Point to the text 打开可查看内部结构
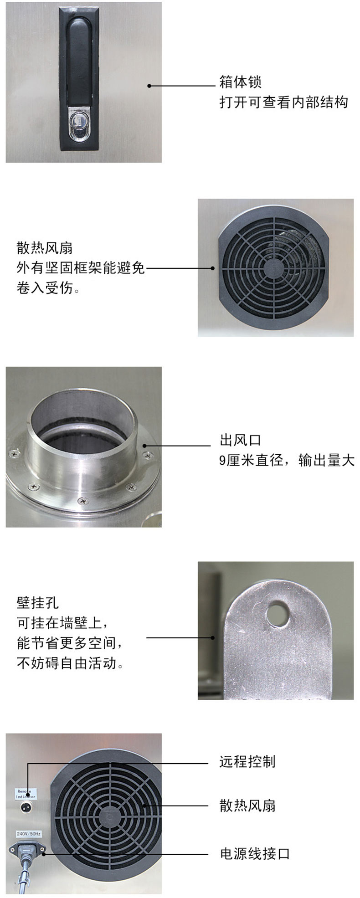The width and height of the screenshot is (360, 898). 283,102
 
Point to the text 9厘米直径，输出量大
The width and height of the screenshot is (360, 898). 287,460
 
